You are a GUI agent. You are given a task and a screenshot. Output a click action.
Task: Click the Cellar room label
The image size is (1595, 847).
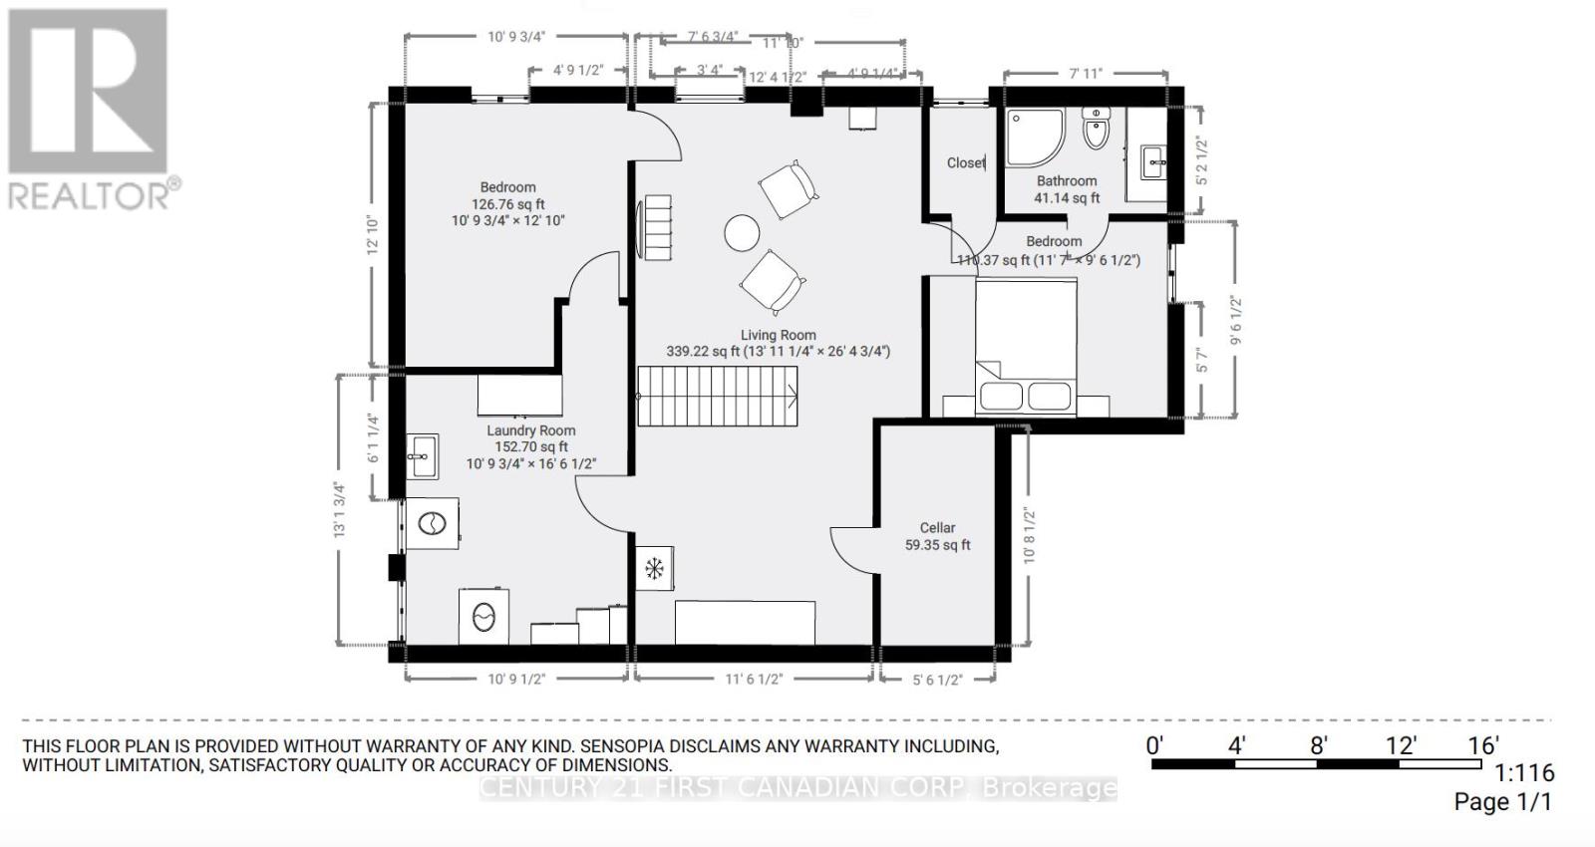point(937,528)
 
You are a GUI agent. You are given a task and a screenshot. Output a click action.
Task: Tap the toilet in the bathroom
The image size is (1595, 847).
point(1096,130)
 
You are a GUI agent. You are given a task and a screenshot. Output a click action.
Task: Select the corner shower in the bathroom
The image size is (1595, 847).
point(1034,137)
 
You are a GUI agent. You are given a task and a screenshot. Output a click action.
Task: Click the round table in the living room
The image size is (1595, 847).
point(742,234)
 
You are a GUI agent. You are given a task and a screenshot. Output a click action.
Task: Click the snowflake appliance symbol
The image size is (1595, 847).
point(654,569)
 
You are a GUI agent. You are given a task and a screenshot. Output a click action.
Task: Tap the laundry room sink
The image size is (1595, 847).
point(423,457)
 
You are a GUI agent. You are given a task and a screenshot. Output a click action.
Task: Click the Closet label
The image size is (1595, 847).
point(966,162)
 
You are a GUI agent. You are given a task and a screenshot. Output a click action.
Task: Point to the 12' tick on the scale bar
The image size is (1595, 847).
point(1401,745)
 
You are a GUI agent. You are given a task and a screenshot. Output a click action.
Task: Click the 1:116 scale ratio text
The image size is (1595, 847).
point(1524,772)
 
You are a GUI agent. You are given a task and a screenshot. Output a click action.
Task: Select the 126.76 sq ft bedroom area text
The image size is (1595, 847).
point(507,204)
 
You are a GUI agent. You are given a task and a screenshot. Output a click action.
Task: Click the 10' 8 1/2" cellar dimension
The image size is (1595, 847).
point(1030,536)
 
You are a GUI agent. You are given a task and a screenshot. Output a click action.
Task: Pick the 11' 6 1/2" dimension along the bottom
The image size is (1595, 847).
point(754,680)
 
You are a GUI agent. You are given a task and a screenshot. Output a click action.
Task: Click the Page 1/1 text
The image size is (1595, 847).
point(1502,801)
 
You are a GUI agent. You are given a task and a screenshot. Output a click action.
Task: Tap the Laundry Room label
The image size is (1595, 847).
point(530,430)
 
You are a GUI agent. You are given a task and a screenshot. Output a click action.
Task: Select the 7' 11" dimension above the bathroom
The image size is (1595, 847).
point(1085,73)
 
